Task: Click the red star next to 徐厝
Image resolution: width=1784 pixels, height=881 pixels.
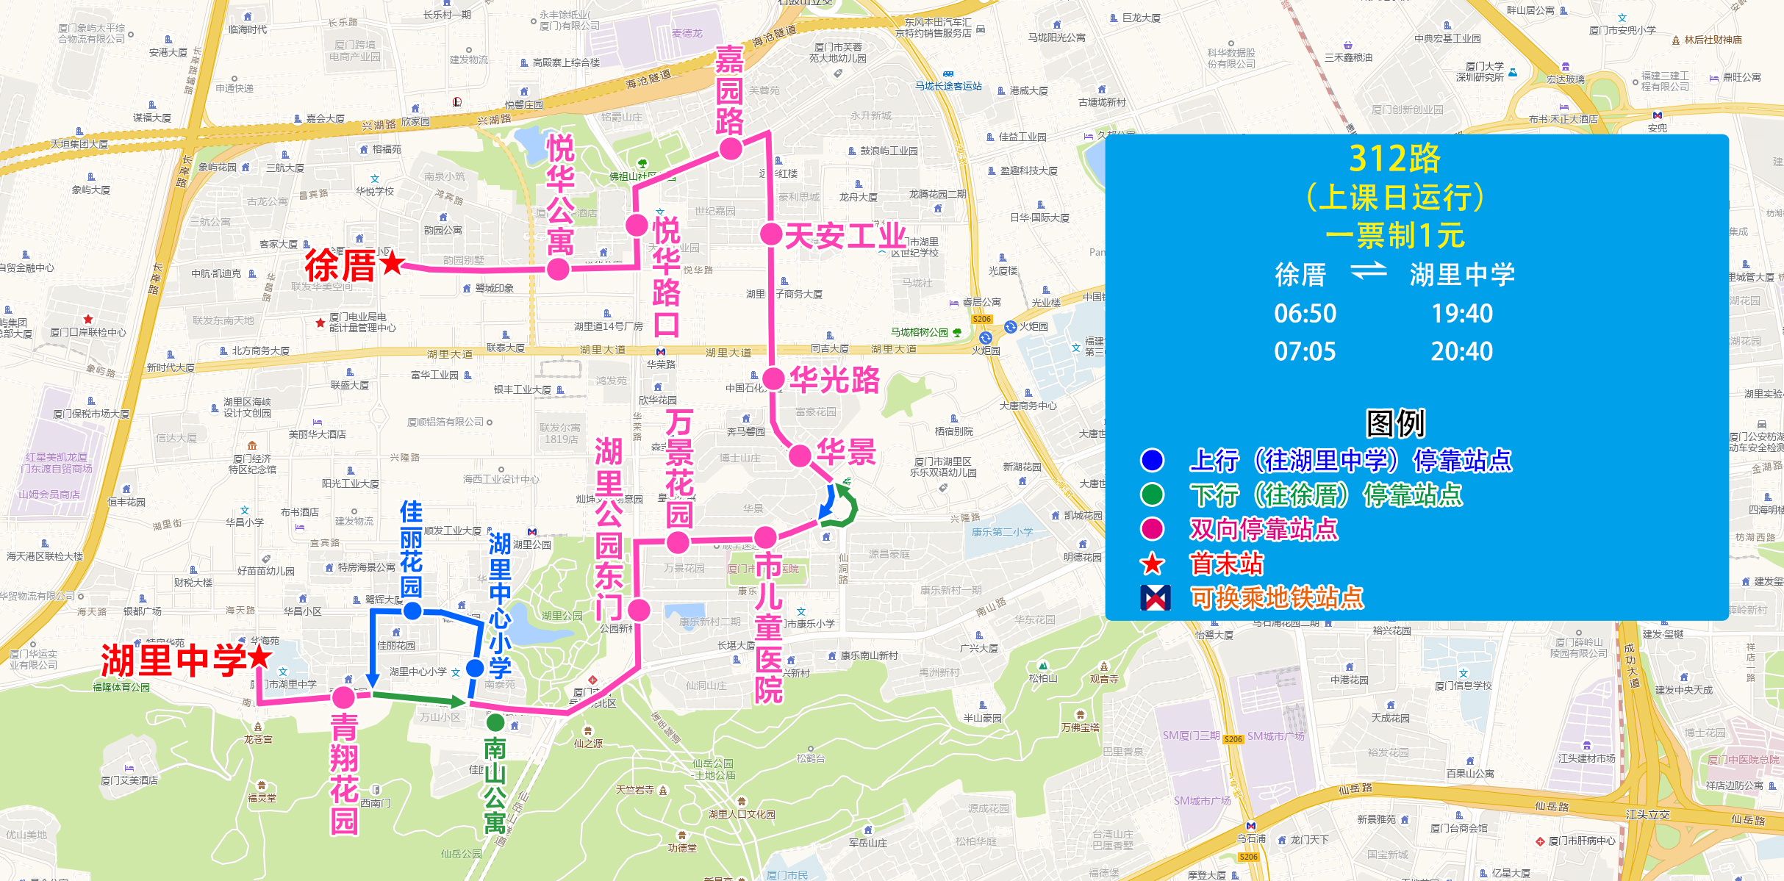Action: click(393, 262)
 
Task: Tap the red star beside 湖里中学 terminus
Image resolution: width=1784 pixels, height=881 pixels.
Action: click(259, 657)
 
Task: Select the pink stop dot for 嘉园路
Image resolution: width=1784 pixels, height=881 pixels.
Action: click(731, 149)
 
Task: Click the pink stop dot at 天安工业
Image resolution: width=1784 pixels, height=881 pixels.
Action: click(770, 234)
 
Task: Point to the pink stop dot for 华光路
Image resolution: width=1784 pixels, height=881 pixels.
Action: click(773, 379)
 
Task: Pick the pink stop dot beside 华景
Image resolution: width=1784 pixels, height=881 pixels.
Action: click(800, 456)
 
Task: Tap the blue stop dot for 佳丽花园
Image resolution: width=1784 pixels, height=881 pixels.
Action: click(412, 611)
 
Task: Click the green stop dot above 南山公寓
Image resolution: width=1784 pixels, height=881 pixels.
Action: click(495, 722)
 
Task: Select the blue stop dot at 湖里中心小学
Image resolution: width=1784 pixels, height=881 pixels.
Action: click(475, 668)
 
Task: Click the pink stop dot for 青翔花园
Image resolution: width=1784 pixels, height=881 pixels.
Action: click(343, 697)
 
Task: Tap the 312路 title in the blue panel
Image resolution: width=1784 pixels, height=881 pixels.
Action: click(1394, 159)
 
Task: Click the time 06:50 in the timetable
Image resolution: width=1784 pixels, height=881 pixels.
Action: click(1305, 314)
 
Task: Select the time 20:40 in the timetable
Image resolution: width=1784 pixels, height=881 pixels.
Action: click(1461, 352)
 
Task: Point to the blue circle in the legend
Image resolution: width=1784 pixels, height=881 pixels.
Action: click(1152, 461)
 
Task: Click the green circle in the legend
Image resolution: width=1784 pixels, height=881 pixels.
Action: click(1152, 495)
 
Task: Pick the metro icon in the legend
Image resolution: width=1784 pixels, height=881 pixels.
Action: click(1155, 598)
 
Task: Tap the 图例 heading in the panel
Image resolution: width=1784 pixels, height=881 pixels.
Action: click(1394, 423)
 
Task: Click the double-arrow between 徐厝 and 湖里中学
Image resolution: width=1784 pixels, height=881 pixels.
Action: click(1368, 273)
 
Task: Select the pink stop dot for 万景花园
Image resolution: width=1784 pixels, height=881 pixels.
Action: click(677, 543)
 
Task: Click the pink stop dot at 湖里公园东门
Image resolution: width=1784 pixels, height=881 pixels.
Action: click(639, 609)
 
